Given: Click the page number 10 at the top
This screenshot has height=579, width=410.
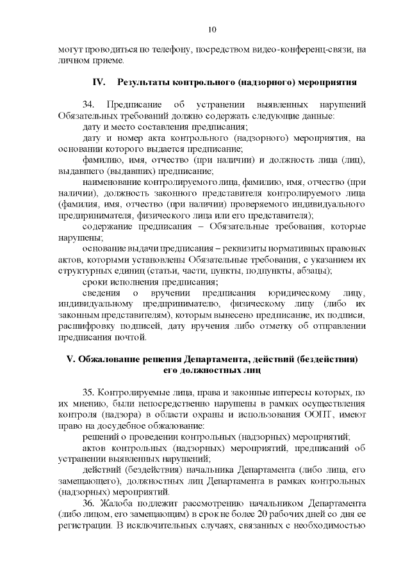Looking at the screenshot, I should click(x=212, y=29).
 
